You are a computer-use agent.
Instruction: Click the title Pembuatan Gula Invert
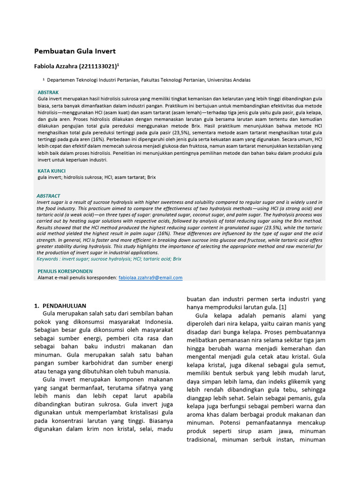[x=75, y=51]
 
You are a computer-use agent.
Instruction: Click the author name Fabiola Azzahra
[x=56, y=66]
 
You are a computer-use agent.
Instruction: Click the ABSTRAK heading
[x=48, y=93]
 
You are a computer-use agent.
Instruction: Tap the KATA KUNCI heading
[x=52, y=171]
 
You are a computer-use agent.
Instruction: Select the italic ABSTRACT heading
[x=48, y=196]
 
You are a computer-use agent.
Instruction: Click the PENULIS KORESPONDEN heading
[x=65, y=271]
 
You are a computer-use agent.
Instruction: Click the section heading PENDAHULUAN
[x=66, y=306]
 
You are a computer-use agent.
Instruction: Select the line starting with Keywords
[x=109, y=259]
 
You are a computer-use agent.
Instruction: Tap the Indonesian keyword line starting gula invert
[x=97, y=178]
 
